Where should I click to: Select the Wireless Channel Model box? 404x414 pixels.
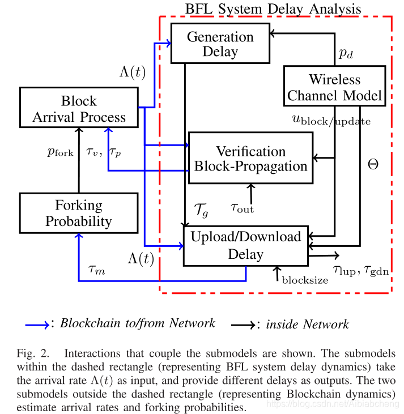coord(334,86)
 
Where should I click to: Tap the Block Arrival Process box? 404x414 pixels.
coord(79,109)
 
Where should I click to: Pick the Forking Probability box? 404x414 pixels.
coord(79,212)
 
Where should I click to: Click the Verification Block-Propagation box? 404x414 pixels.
coord(250,158)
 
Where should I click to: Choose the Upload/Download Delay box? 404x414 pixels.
coord(245,245)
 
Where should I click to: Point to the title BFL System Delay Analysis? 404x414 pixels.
coord(274,8)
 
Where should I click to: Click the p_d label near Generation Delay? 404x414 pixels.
coord(346,53)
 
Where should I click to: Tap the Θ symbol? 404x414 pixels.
coord(373,165)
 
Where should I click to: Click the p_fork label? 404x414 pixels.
coord(61,152)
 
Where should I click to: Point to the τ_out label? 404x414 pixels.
coord(242,208)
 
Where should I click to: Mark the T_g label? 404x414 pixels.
coord(201,211)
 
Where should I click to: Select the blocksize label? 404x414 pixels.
coord(304,279)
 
